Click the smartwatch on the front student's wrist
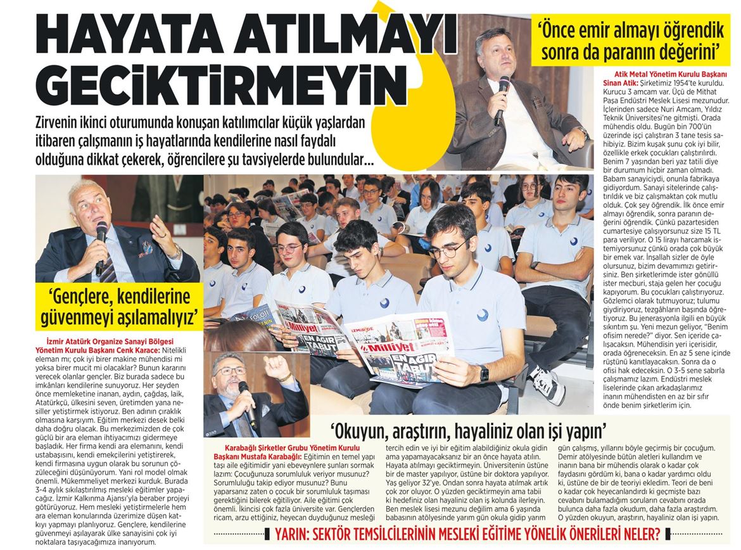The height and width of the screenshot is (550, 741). [x=484, y=373]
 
